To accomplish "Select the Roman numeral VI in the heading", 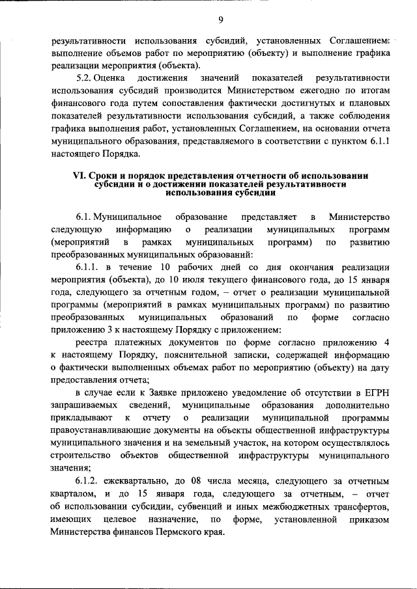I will [x=78, y=175].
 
